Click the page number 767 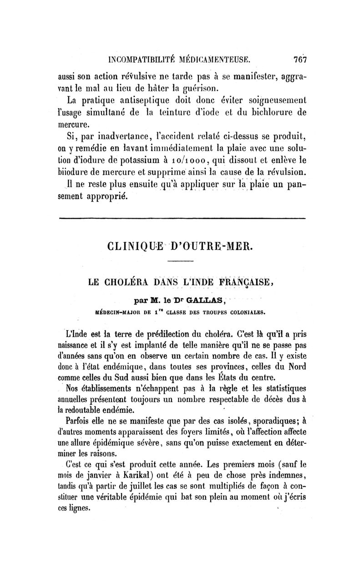pos(301,59)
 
